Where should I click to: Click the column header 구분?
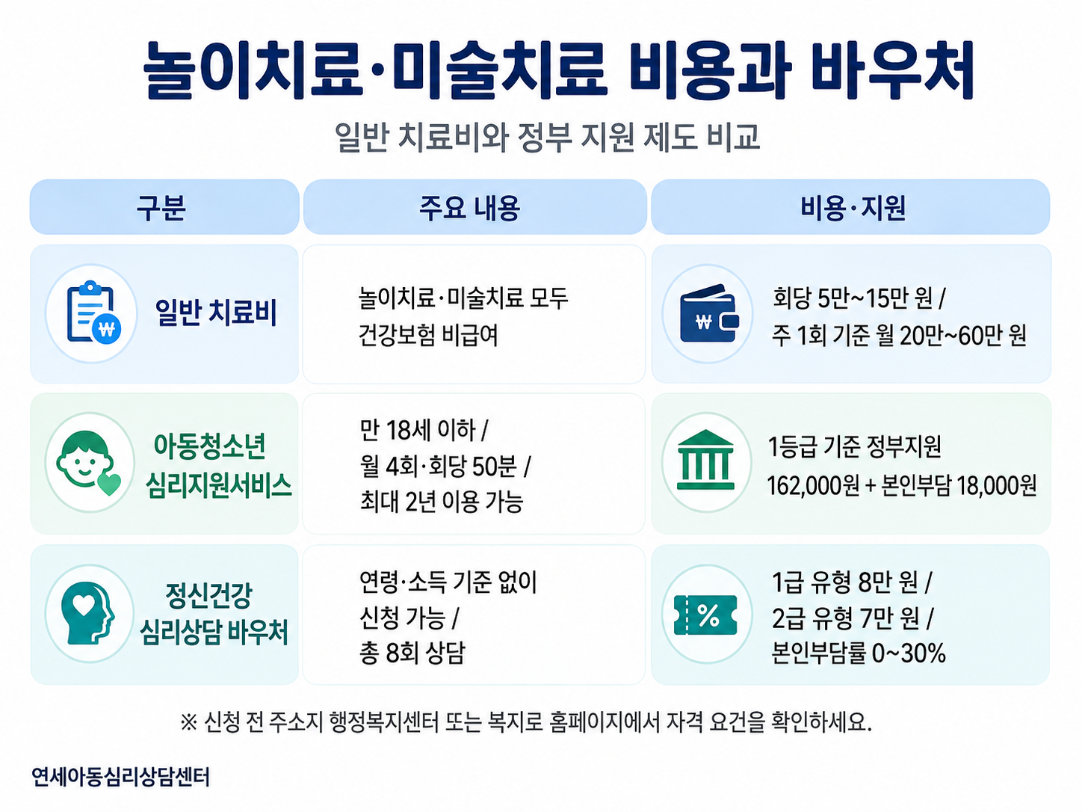coord(161,208)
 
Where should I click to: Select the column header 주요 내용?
coord(470,208)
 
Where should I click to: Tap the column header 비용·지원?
coord(853,208)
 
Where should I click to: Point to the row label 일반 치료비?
coord(216,313)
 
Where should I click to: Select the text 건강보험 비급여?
coord(428,335)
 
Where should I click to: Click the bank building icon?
coord(706,460)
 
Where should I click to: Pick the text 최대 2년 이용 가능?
coord(441,502)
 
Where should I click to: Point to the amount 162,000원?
coord(813,485)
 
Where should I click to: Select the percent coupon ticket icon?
coord(705,615)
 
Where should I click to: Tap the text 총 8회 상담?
coord(412,653)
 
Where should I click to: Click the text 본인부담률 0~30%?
coord(859,653)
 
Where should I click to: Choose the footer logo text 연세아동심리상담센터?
coord(120,777)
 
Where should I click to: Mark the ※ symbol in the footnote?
coord(188,723)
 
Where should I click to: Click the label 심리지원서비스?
coord(218,485)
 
